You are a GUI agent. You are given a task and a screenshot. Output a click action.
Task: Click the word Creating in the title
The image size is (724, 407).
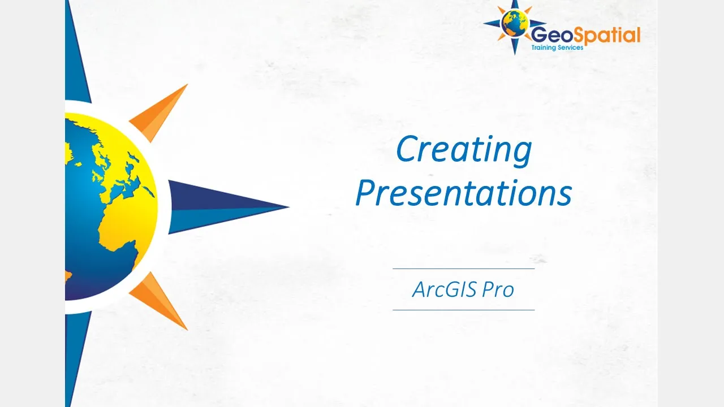[464, 151]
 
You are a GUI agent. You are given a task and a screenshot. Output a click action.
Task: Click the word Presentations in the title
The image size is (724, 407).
[464, 193]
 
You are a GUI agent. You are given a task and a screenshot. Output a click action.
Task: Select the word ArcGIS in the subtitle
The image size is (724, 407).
[445, 289]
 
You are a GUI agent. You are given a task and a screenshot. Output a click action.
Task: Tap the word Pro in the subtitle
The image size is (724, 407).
[498, 289]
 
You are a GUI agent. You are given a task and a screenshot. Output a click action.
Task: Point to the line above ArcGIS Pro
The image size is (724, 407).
[464, 269]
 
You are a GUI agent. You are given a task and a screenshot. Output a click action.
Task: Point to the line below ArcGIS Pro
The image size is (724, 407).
[464, 310]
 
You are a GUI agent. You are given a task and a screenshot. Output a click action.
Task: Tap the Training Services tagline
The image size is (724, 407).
[557, 47]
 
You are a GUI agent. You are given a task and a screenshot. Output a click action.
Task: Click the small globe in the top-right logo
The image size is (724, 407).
[515, 23]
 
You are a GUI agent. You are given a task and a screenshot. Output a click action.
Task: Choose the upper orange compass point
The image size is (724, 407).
[158, 113]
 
